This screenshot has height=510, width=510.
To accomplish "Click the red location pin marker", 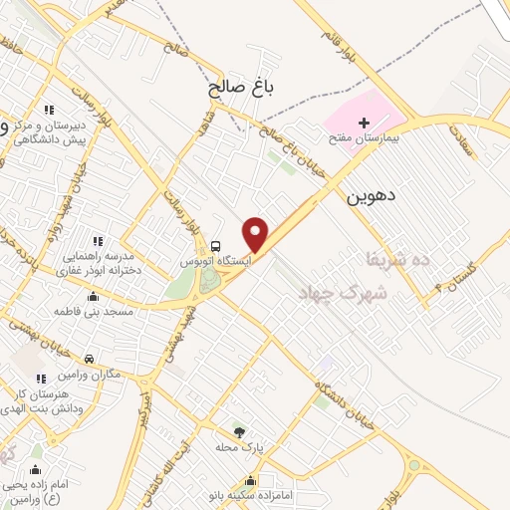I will pos(257,234).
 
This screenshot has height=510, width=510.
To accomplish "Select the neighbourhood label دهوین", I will pos(371,196).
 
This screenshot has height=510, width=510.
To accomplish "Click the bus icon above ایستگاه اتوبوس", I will pos(215,246).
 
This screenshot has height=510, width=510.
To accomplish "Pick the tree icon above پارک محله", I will pos(239,432).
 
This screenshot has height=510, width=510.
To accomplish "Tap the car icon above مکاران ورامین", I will pos(90,359).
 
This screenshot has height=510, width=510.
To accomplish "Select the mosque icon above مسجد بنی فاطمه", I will pos(94,297).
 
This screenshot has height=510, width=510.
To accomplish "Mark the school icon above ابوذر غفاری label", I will pos(97,241).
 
